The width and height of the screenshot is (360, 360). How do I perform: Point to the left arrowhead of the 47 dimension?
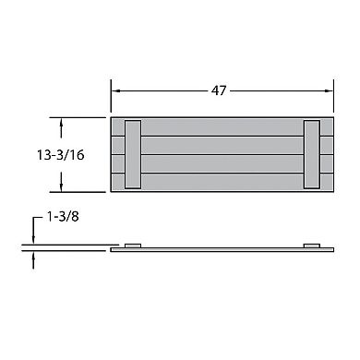(116, 92)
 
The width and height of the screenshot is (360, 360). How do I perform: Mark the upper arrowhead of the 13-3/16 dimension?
(62, 123)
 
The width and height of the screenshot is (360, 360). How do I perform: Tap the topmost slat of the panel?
(222, 126)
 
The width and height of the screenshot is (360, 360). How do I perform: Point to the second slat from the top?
(222, 144)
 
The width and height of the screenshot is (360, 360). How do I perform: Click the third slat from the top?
(222, 162)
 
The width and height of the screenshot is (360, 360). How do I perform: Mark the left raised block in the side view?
(133, 246)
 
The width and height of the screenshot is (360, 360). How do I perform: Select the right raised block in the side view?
(311, 246)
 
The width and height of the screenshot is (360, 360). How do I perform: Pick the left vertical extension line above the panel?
(111, 97)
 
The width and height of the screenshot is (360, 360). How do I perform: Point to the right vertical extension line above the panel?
(332, 97)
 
